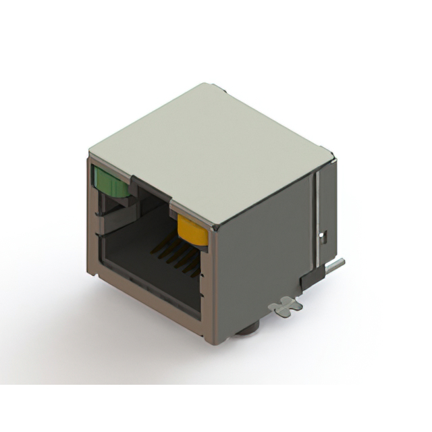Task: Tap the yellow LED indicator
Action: click(x=192, y=230)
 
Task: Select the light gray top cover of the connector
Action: click(x=209, y=148)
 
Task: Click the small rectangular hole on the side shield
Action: click(x=323, y=236)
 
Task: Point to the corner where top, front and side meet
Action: click(x=215, y=230)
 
